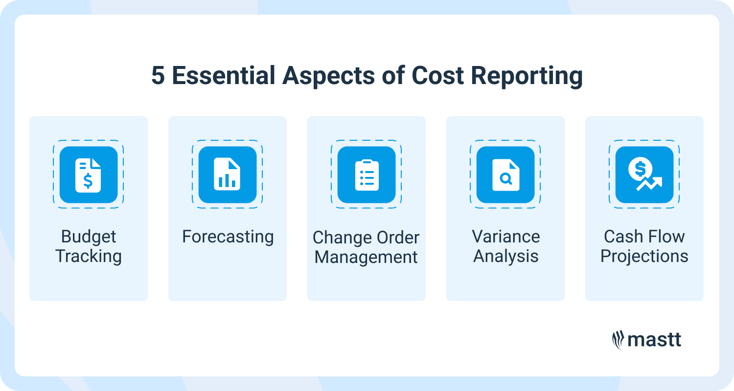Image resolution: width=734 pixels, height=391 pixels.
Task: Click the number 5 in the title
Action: pos(158,76)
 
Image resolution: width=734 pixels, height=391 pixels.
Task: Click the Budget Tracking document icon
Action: pos(89,175)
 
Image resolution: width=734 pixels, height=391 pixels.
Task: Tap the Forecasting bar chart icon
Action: pos(228,175)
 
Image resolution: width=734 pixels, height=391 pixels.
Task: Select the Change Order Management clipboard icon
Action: pos(367,175)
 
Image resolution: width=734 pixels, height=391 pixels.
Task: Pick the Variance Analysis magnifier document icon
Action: pos(505,175)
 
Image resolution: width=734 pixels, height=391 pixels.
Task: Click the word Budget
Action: pos(89,237)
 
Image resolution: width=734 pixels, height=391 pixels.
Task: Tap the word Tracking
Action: pos(89,256)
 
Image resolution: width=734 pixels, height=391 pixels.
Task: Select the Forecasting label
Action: pos(228,237)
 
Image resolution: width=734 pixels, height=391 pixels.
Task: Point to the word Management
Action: pos(367,257)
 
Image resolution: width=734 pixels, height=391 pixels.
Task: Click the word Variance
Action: pos(505,237)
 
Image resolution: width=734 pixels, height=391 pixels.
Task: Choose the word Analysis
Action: pos(505,256)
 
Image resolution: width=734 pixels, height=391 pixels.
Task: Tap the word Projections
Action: pos(644,256)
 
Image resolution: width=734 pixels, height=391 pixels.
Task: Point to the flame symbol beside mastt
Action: pos(618,340)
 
